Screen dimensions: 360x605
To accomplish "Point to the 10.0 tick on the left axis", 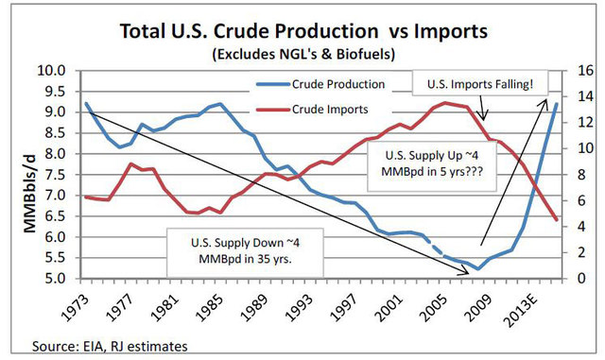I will click(x=53, y=70).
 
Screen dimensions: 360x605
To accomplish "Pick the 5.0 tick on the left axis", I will click(x=53, y=279).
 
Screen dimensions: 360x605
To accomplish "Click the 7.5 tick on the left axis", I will click(x=53, y=175).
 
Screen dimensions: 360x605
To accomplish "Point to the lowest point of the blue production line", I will click(x=479, y=269).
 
